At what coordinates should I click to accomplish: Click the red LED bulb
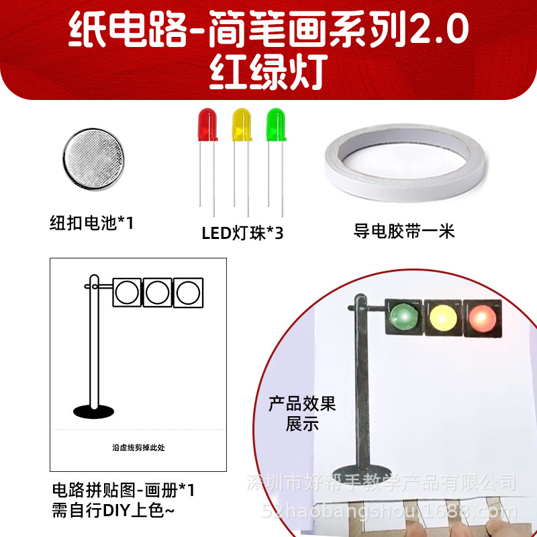207,124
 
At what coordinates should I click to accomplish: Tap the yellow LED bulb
242,124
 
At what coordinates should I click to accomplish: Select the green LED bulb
276,124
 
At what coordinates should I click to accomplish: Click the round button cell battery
93,159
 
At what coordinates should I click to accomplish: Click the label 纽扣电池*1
91,223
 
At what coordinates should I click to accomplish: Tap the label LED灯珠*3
242,234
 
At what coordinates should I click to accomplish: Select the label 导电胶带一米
404,231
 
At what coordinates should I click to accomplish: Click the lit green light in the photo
404,316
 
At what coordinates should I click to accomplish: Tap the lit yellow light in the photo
443,318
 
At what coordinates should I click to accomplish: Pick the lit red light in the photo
482,318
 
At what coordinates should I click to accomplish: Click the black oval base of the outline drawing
93,411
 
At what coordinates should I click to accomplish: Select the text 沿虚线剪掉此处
138,448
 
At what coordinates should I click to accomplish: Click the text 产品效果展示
302,413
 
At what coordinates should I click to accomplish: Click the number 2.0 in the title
439,29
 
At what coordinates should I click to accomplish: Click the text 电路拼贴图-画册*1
124,490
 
